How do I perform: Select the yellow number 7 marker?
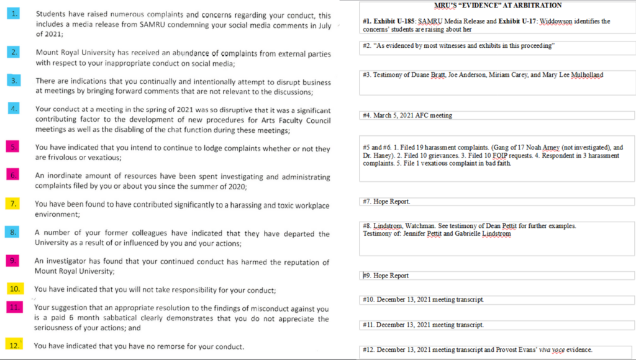[15, 204]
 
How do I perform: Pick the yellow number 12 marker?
[15, 345]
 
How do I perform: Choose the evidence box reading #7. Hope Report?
[497, 202]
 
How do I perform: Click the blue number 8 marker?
[15, 232]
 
